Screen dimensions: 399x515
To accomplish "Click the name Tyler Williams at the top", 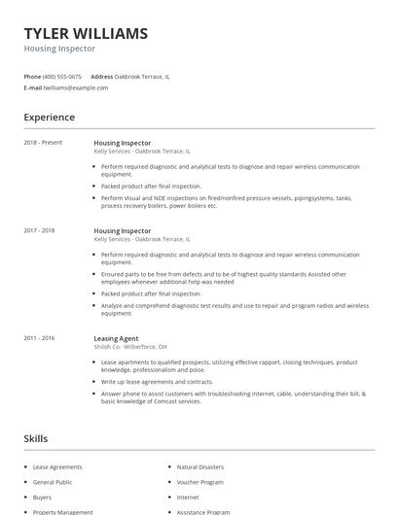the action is (x=86, y=33).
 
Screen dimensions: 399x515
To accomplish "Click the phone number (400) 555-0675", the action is (x=63, y=76).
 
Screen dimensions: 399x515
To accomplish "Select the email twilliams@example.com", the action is (x=76, y=87).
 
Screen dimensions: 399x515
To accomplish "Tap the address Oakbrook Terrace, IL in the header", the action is (x=142, y=76).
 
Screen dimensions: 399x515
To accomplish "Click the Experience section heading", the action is (x=49, y=118).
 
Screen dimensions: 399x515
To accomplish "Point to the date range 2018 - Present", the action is (x=43, y=143).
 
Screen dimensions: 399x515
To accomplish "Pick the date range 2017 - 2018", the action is (x=39, y=230).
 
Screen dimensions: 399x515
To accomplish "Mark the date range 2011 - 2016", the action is (x=39, y=337).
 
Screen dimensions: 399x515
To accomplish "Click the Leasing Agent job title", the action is (x=116, y=337).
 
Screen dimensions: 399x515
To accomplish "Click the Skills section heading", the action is (x=36, y=439).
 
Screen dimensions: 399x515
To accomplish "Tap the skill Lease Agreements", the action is (x=57, y=467).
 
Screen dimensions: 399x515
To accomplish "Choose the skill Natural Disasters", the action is (x=199, y=467).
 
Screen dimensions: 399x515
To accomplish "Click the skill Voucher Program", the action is (x=199, y=482).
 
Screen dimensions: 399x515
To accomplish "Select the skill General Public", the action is (x=53, y=482).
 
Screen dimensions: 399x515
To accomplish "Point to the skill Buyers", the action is (x=44, y=497).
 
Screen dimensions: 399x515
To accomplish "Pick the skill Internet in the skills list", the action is (x=188, y=497).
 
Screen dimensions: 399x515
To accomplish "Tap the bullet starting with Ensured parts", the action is (x=223, y=278).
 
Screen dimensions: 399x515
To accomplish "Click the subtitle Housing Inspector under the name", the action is (x=59, y=49).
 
